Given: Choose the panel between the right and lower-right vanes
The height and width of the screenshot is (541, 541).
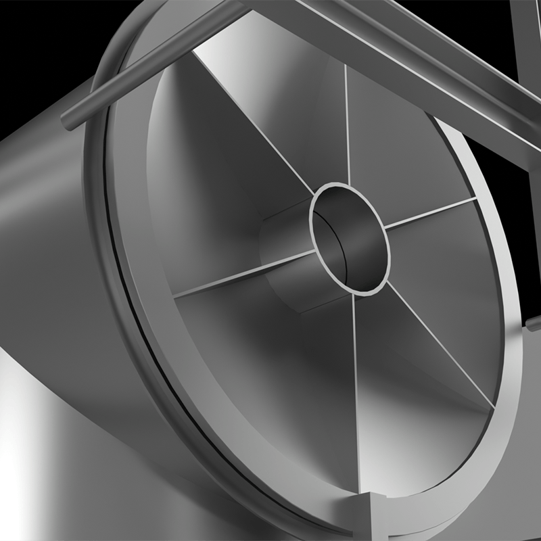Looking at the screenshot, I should click(x=460, y=284).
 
